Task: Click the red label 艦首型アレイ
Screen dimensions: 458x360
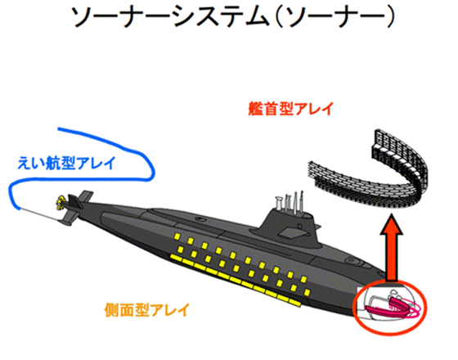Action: pyautogui.click(x=290, y=109)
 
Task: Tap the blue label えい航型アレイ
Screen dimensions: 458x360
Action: pyautogui.click(x=66, y=163)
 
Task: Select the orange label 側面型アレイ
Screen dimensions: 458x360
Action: pyautogui.click(x=147, y=310)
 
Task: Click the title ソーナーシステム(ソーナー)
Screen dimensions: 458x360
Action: pyautogui.click(x=232, y=16)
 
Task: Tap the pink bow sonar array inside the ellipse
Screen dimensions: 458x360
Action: pyautogui.click(x=393, y=307)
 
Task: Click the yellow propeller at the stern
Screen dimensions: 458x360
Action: pyautogui.click(x=61, y=203)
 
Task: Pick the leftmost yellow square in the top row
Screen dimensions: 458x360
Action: pyautogui.click(x=177, y=236)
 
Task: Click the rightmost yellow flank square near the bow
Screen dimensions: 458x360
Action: pyautogui.click(x=307, y=292)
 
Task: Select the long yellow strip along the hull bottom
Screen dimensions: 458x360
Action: pyautogui.click(x=236, y=280)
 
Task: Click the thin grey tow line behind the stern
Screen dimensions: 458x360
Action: pyautogui.click(x=38, y=214)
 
